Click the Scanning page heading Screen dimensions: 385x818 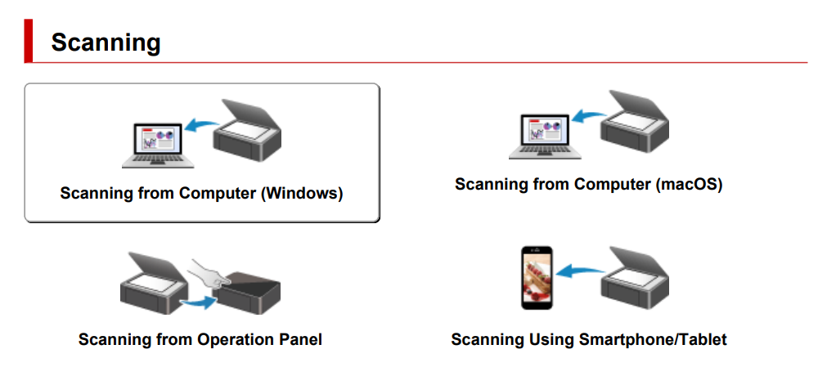[x=106, y=43]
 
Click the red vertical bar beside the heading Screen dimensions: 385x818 [x=29, y=42]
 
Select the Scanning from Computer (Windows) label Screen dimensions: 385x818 [x=201, y=194]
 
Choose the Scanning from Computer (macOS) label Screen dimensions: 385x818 [x=588, y=184]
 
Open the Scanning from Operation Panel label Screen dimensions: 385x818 [x=200, y=338]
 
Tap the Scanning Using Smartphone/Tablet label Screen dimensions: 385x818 [x=588, y=338]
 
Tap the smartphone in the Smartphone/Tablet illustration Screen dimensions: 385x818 [x=537, y=277]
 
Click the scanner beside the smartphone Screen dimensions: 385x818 [x=636, y=279]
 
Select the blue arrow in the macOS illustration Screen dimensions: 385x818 [x=587, y=115]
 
